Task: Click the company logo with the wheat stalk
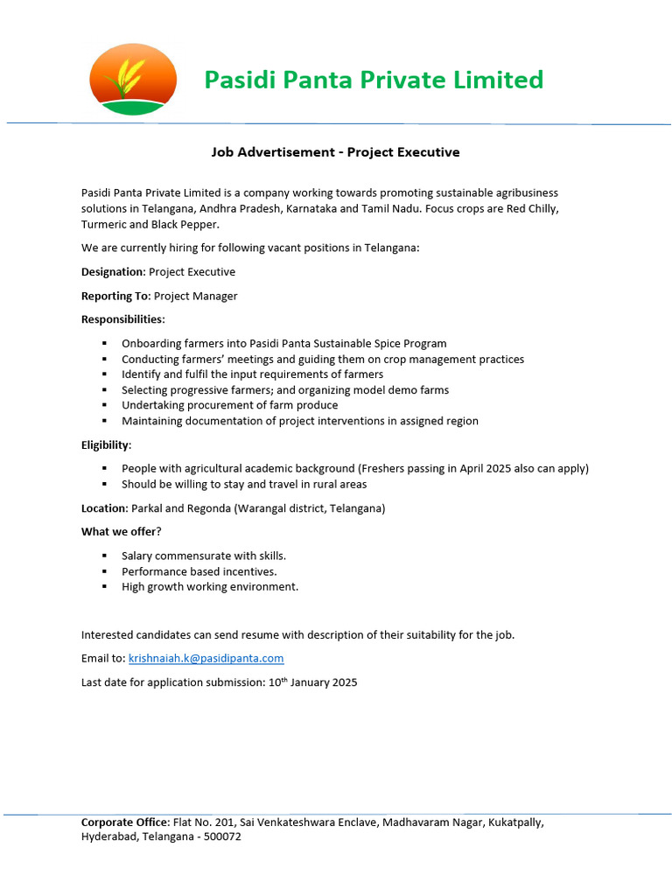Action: [133, 80]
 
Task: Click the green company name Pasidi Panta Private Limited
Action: [374, 80]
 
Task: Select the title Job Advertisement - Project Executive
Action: [335, 152]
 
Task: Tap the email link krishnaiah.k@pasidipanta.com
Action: [206, 658]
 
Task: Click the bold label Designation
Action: [113, 272]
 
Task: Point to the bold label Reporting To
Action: [115, 296]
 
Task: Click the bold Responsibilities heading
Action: [122, 319]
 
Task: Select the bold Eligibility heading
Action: [106, 444]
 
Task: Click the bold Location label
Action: [104, 508]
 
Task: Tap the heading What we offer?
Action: [122, 532]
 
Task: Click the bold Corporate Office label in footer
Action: [125, 822]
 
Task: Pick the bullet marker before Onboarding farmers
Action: [104, 344]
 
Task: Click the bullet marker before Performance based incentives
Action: [104, 571]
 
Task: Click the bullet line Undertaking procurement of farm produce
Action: [229, 405]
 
